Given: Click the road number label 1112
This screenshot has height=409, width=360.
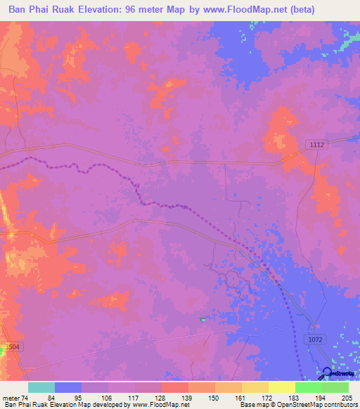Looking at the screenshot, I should (x=316, y=144).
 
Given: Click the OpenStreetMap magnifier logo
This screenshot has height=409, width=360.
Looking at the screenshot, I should (x=328, y=375).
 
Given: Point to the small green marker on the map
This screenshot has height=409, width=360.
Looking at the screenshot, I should (x=202, y=320).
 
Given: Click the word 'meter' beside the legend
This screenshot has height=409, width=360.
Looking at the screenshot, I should (x=11, y=398).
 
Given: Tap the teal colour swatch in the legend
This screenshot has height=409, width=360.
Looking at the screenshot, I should (x=41, y=387).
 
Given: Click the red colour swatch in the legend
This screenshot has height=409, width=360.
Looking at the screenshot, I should (x=175, y=387).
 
